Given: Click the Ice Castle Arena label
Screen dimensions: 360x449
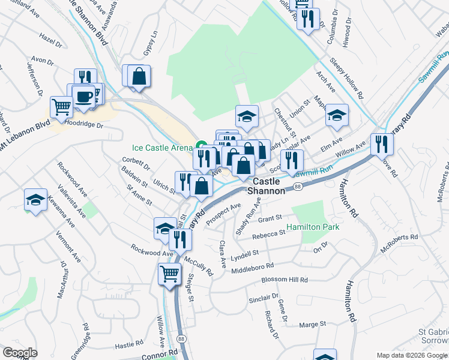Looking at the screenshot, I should tap(162, 147).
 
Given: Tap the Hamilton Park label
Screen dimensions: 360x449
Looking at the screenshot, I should tap(313, 227).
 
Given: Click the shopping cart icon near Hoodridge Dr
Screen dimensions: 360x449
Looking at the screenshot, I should tap(62, 107).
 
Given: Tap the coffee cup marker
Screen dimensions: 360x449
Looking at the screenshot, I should tap(83, 96).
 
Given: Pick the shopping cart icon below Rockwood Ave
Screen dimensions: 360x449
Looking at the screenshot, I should tap(170, 273).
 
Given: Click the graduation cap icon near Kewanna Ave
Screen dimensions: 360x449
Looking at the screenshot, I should tap(36, 199).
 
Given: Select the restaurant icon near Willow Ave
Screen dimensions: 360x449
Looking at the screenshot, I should tap(382, 144).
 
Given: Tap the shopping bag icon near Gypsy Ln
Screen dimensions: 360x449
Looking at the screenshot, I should tap(139, 76).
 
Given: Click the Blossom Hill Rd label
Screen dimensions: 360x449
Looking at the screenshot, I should tap(285, 280).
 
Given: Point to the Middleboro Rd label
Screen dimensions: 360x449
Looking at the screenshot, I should tap(252, 268).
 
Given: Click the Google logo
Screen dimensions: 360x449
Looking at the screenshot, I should tap(20, 353).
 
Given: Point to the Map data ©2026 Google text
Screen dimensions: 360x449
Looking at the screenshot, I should tap(411, 355).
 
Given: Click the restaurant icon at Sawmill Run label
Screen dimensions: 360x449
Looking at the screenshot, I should tap(292, 160).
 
